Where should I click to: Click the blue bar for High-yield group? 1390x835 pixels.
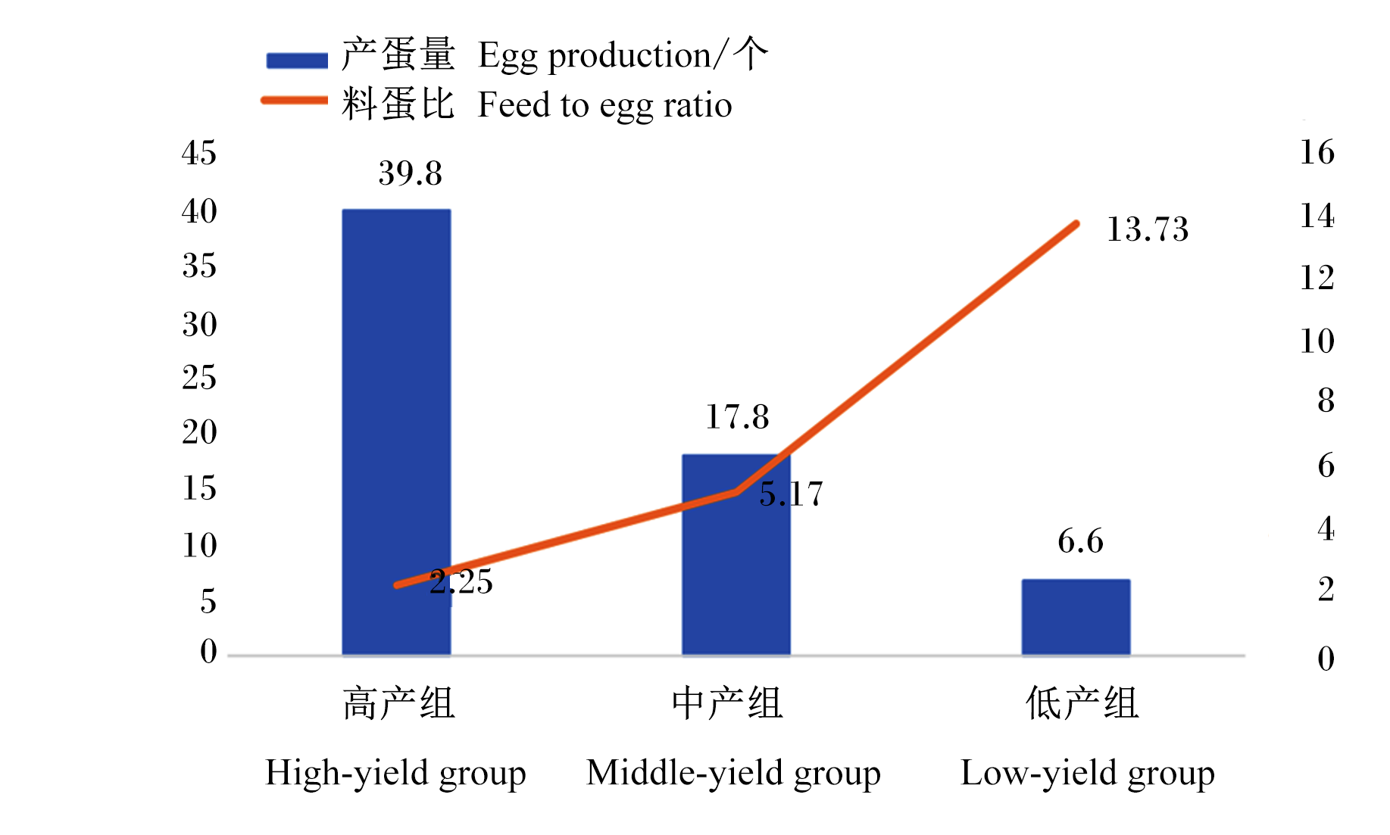396,432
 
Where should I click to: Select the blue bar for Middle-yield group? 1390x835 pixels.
736,554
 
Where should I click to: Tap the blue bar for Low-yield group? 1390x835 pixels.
1076,617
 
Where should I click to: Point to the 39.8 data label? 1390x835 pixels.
410,173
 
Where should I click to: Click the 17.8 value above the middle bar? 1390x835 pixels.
737,417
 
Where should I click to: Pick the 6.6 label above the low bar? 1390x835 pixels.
1080,541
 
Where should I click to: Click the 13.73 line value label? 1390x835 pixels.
1148,229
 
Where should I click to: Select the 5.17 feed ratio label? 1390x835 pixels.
791,494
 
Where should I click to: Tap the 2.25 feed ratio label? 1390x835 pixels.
461,582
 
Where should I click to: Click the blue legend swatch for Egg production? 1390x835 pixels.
297,61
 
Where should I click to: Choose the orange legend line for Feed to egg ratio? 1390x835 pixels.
294,100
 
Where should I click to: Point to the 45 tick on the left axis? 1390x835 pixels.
199,153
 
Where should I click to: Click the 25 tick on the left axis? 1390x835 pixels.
199,377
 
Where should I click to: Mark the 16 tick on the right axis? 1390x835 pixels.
1317,152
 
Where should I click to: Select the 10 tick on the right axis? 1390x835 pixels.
1317,341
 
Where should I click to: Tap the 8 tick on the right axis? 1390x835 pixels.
1326,400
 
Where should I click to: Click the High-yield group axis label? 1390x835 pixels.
395,774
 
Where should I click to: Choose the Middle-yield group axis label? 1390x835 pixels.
733,774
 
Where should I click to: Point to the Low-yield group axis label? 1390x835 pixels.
1088,774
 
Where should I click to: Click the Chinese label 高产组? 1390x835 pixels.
398,703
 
